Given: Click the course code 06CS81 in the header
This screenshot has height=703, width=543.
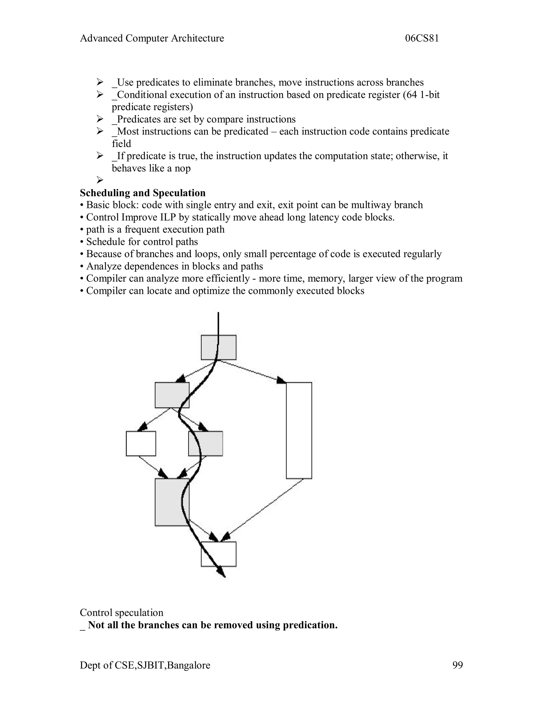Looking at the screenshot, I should (422, 38).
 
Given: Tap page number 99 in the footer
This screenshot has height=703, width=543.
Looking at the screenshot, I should (457, 665).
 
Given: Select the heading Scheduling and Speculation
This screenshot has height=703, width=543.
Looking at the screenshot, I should (142, 193).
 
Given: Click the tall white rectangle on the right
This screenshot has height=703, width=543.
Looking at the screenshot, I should (299, 430).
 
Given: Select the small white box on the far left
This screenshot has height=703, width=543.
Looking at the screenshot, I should (141, 444).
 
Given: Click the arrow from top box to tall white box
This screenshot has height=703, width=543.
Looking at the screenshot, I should (251, 371).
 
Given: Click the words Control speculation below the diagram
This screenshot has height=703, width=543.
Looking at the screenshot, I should (122, 613).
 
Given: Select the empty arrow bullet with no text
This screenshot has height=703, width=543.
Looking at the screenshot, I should (100, 180).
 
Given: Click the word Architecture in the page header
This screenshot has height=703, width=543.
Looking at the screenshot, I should (197, 38).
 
